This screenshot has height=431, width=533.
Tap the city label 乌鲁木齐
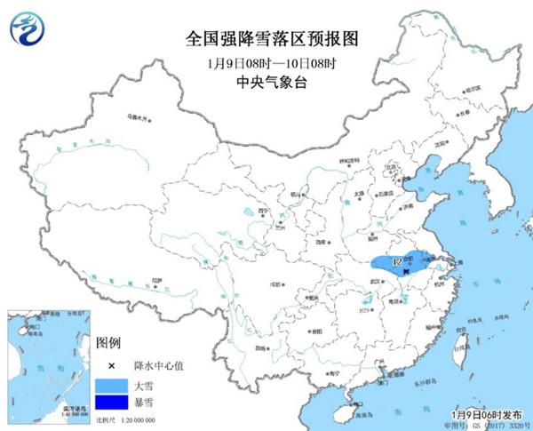(x=135, y=116)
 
